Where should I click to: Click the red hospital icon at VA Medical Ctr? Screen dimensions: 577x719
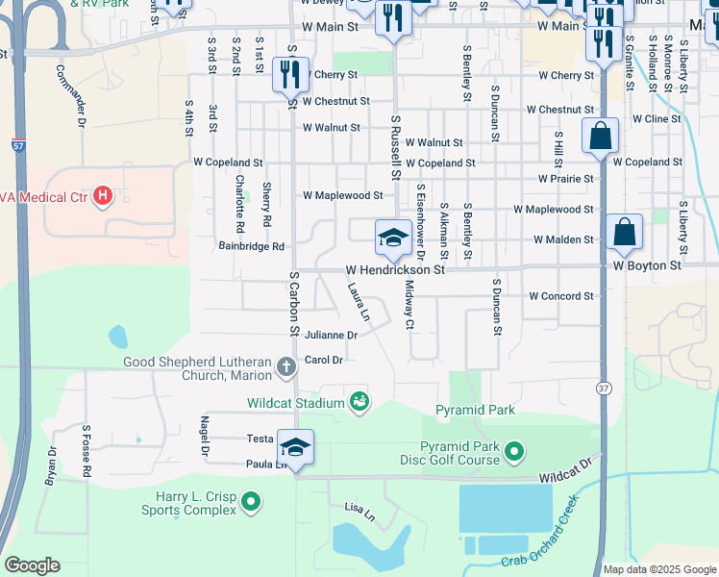[x=103, y=198]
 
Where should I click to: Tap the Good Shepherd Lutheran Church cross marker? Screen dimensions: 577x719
[x=285, y=366]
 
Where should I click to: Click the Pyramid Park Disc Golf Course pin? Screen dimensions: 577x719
[x=514, y=450]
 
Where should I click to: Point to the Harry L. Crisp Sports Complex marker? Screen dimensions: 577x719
[x=251, y=501]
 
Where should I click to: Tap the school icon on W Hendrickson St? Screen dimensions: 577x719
[x=392, y=238]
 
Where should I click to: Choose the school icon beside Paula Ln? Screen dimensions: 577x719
[x=295, y=448]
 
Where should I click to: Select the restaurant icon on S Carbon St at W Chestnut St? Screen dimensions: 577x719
[x=289, y=73]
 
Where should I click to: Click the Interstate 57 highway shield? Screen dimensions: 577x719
[x=19, y=145]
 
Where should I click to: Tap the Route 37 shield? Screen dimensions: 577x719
[x=603, y=388]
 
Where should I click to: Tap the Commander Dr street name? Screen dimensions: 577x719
[x=69, y=96]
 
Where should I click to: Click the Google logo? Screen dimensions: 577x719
[x=32, y=565]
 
